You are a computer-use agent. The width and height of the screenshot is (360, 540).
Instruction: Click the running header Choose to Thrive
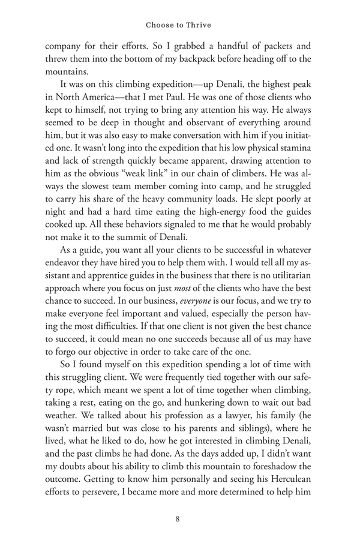pos(180,26)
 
